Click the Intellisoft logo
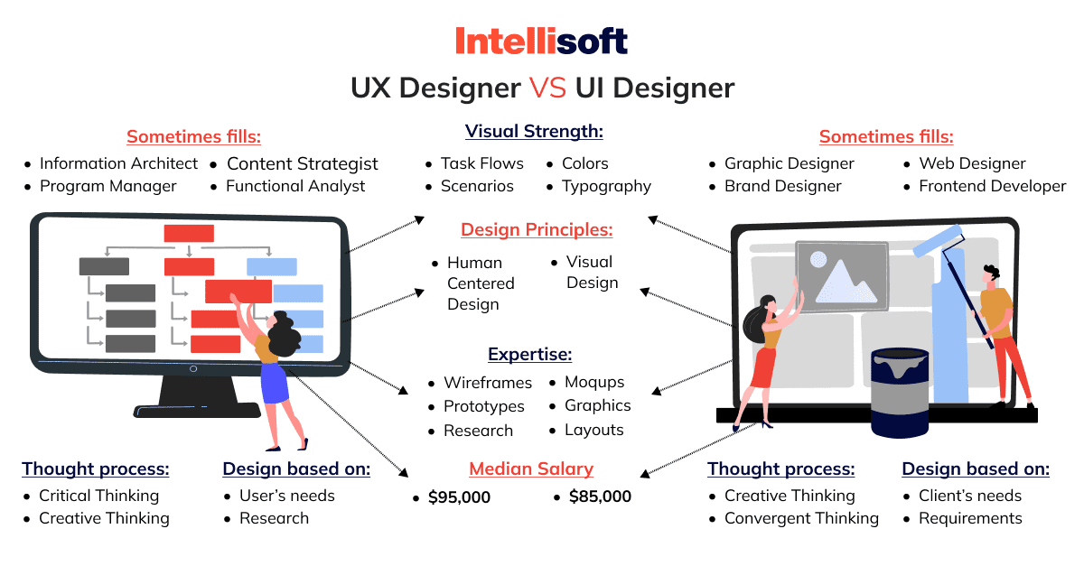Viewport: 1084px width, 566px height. (541, 41)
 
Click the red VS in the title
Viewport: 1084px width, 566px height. (547, 88)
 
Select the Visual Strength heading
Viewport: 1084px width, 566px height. (534, 132)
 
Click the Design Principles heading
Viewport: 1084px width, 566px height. (537, 230)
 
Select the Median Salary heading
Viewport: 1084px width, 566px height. (531, 469)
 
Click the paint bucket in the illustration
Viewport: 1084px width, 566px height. (900, 393)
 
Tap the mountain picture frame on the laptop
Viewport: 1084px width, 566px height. (842, 276)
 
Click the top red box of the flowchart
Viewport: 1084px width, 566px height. (189, 233)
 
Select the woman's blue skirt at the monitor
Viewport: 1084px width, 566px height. (274, 383)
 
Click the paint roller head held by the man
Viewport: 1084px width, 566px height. (937, 241)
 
